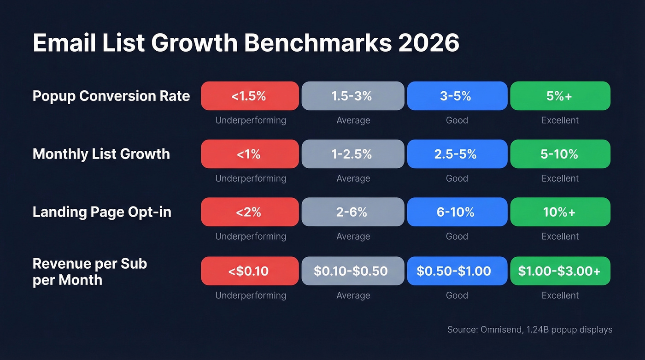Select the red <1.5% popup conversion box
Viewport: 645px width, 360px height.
[250, 96]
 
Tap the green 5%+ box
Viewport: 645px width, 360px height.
[560, 96]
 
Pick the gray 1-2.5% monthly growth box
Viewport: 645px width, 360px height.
[353, 154]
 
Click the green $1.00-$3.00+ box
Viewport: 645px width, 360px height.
[560, 271]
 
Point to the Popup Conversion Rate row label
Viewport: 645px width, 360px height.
[111, 96]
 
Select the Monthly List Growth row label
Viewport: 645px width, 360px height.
[101, 154]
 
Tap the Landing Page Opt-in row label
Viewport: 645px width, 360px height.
[102, 212]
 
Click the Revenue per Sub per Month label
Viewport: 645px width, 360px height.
[90, 271]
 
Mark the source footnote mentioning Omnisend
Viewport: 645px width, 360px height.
[529, 330]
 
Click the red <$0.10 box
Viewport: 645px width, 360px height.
[250, 271]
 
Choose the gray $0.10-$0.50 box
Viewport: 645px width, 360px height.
[353, 271]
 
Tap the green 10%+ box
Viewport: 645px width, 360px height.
[560, 212]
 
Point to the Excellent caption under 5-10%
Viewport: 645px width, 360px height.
[560, 178]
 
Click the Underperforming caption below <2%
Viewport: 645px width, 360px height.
[251, 236]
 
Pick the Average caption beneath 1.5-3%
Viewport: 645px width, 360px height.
[353, 120]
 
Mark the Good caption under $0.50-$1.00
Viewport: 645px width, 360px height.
[457, 295]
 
